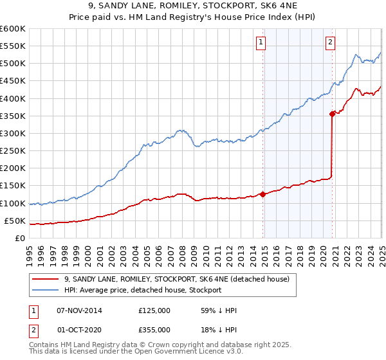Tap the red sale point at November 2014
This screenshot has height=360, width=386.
point(262,194)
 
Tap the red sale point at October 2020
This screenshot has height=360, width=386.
point(332,114)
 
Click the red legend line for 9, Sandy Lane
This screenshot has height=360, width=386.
point(46,279)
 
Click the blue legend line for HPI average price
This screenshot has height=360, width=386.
point(46,290)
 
